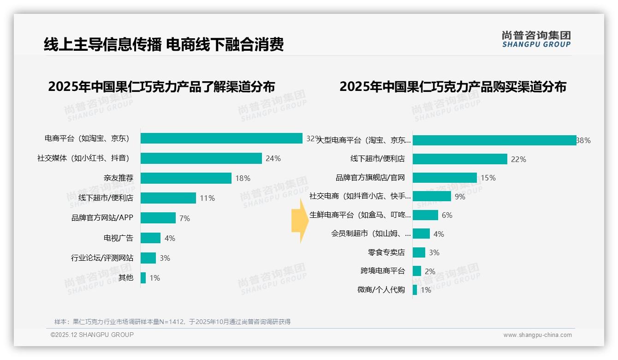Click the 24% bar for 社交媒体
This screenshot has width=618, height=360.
pos(201,158)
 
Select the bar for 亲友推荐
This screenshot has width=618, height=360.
pos(186,178)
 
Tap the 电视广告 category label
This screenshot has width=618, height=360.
pos(118,238)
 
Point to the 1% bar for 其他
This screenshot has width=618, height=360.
pos(143,278)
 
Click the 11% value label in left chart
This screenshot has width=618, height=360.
pos(207,198)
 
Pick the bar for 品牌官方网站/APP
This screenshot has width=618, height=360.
pos(158,218)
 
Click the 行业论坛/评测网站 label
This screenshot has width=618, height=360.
pos(102,258)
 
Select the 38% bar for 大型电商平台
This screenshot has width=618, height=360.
pos(494,140)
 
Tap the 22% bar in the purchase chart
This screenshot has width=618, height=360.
pos(460,159)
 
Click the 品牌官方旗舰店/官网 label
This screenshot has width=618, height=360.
pos(370,178)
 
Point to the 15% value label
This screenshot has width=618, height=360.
pos(488,178)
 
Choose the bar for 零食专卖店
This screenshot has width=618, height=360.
pos(419,252)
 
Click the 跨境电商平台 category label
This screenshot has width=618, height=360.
pos(382,271)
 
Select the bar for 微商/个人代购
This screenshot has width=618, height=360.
pos(415,290)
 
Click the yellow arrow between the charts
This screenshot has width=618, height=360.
pos(299,221)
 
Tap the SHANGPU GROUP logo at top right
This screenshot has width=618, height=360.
pos(536,39)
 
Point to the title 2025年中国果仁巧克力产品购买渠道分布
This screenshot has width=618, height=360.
pos(452,87)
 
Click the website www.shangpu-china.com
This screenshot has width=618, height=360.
pos(537,335)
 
